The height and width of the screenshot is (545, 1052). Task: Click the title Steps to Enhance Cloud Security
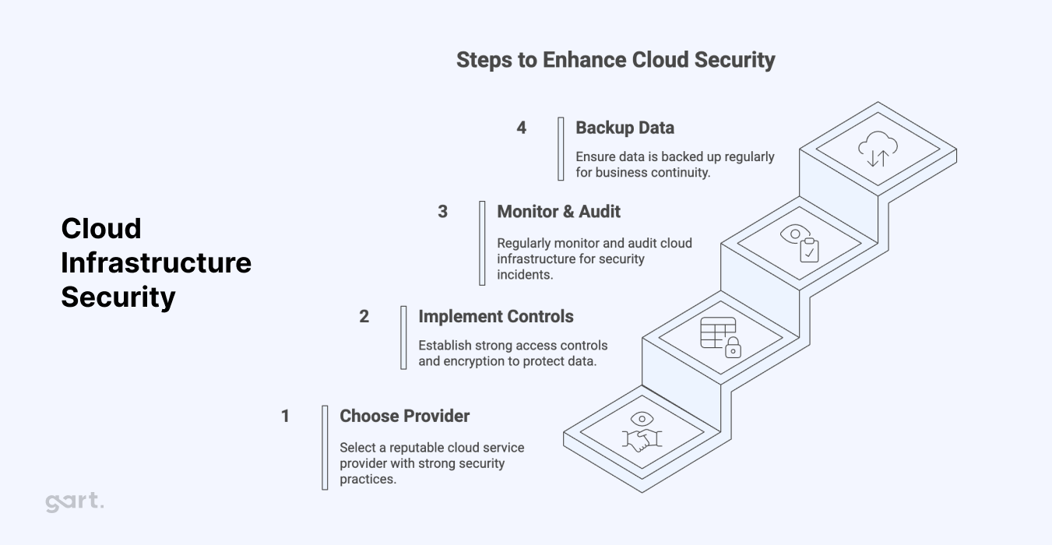coord(615,60)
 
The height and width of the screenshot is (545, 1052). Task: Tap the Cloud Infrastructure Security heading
coord(156,262)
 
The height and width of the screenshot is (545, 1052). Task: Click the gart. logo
coord(74,502)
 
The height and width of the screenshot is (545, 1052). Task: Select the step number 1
coord(285,417)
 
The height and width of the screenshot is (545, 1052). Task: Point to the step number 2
coord(364,317)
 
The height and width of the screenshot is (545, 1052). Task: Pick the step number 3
coord(442,212)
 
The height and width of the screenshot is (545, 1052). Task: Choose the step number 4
coord(521,128)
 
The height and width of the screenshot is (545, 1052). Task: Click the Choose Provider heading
coord(404,416)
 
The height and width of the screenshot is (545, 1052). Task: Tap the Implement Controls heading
coord(495,316)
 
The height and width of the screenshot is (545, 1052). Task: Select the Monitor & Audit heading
coord(558,211)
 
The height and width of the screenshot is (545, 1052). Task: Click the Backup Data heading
coord(625,128)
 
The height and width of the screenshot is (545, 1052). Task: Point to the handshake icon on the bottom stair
coord(641,432)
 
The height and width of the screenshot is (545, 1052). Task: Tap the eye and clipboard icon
coord(800,243)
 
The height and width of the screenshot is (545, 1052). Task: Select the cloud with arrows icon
coord(878,148)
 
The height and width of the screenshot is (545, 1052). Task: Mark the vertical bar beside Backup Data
coord(561,149)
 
